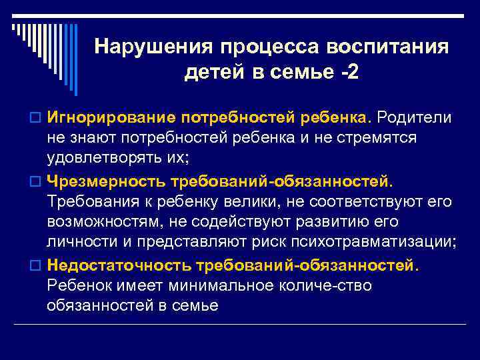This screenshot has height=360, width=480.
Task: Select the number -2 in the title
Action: coord(349,72)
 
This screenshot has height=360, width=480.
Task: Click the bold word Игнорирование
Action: coord(107,118)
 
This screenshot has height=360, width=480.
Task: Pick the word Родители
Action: coord(414,118)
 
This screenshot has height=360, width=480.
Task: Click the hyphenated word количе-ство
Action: coord(320,286)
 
